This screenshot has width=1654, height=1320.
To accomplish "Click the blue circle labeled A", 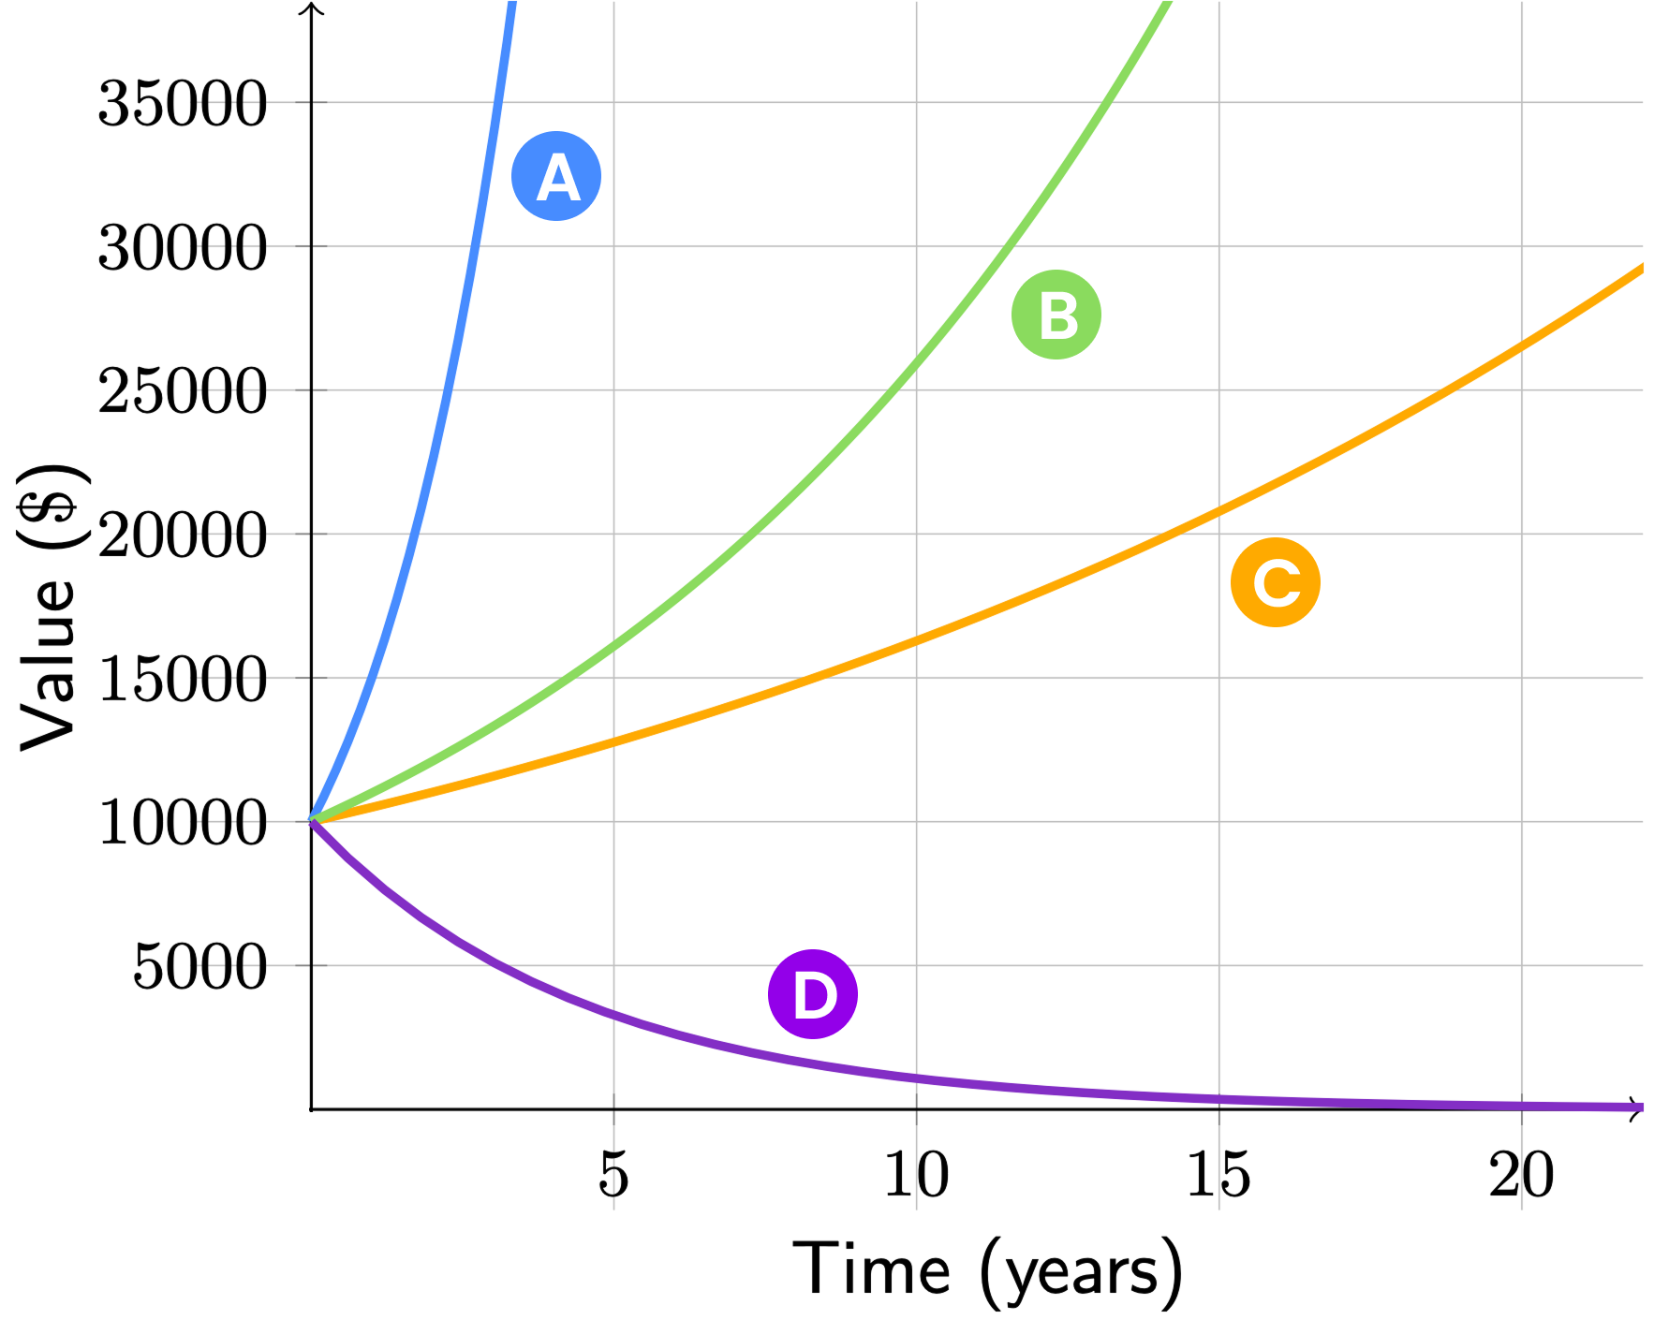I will pyautogui.click(x=556, y=176).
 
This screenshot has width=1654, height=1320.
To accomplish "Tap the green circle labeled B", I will pyautogui.click(x=1056, y=315).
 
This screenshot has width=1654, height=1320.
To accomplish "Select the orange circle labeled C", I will pyautogui.click(x=1276, y=582).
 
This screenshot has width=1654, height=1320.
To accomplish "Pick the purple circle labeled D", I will pyautogui.click(x=813, y=994).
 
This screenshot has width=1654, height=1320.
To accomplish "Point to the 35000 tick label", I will pyautogui.click(x=183, y=103).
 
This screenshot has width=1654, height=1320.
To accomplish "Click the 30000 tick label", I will pyautogui.click(x=183, y=248).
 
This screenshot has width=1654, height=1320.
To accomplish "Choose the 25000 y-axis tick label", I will pyautogui.click(x=183, y=391).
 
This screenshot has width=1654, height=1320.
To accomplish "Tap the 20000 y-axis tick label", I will pyautogui.click(x=183, y=535).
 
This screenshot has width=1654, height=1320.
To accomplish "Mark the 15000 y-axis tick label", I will pyautogui.click(x=183, y=679).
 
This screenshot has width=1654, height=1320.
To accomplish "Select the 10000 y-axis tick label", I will pyautogui.click(x=183, y=823).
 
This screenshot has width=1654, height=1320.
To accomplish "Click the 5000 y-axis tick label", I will pyautogui.click(x=199, y=967).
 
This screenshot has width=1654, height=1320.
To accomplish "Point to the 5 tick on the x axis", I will pyautogui.click(x=613, y=1174).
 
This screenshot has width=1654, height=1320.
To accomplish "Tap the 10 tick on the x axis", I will pyautogui.click(x=916, y=1174).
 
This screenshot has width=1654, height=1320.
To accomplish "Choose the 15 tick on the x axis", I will pyautogui.click(x=1218, y=1174).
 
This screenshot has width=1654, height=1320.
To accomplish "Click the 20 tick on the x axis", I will pyautogui.click(x=1521, y=1174).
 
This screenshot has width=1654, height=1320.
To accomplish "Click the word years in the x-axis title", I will pyautogui.click(x=1082, y=1273).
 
